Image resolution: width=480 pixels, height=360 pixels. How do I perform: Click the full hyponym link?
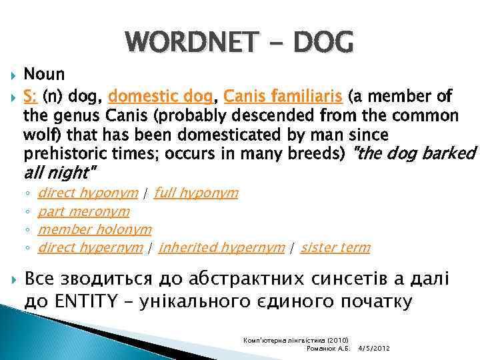coord(195,193)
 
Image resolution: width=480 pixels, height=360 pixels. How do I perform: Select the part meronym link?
coord(84,211)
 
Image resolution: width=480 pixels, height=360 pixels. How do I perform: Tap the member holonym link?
coord(95,229)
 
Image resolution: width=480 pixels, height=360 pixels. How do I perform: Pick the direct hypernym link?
coord(91,247)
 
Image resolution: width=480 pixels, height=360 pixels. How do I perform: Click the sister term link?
coord(335,247)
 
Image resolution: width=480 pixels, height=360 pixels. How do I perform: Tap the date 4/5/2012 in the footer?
coord(373,348)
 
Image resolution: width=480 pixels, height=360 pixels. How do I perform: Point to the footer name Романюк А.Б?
coord(327,348)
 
